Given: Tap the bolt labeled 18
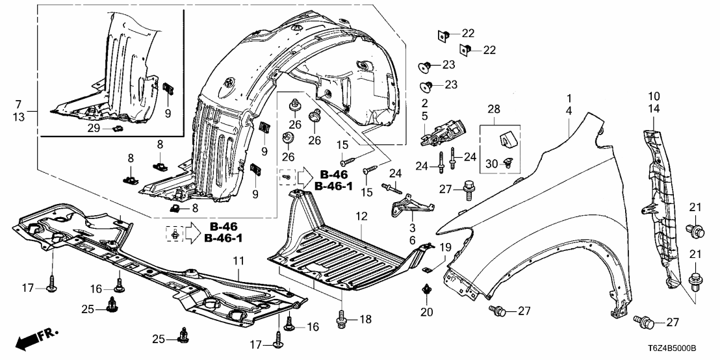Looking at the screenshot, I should (342, 319).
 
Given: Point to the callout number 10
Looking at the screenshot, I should (654, 97).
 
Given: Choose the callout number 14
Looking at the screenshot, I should (654, 109).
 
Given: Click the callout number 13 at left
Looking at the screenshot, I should (18, 116).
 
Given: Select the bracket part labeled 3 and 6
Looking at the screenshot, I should (409, 207).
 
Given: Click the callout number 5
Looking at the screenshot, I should (424, 118).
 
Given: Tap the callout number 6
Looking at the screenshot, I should (412, 240).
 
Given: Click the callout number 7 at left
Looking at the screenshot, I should (18, 104).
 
